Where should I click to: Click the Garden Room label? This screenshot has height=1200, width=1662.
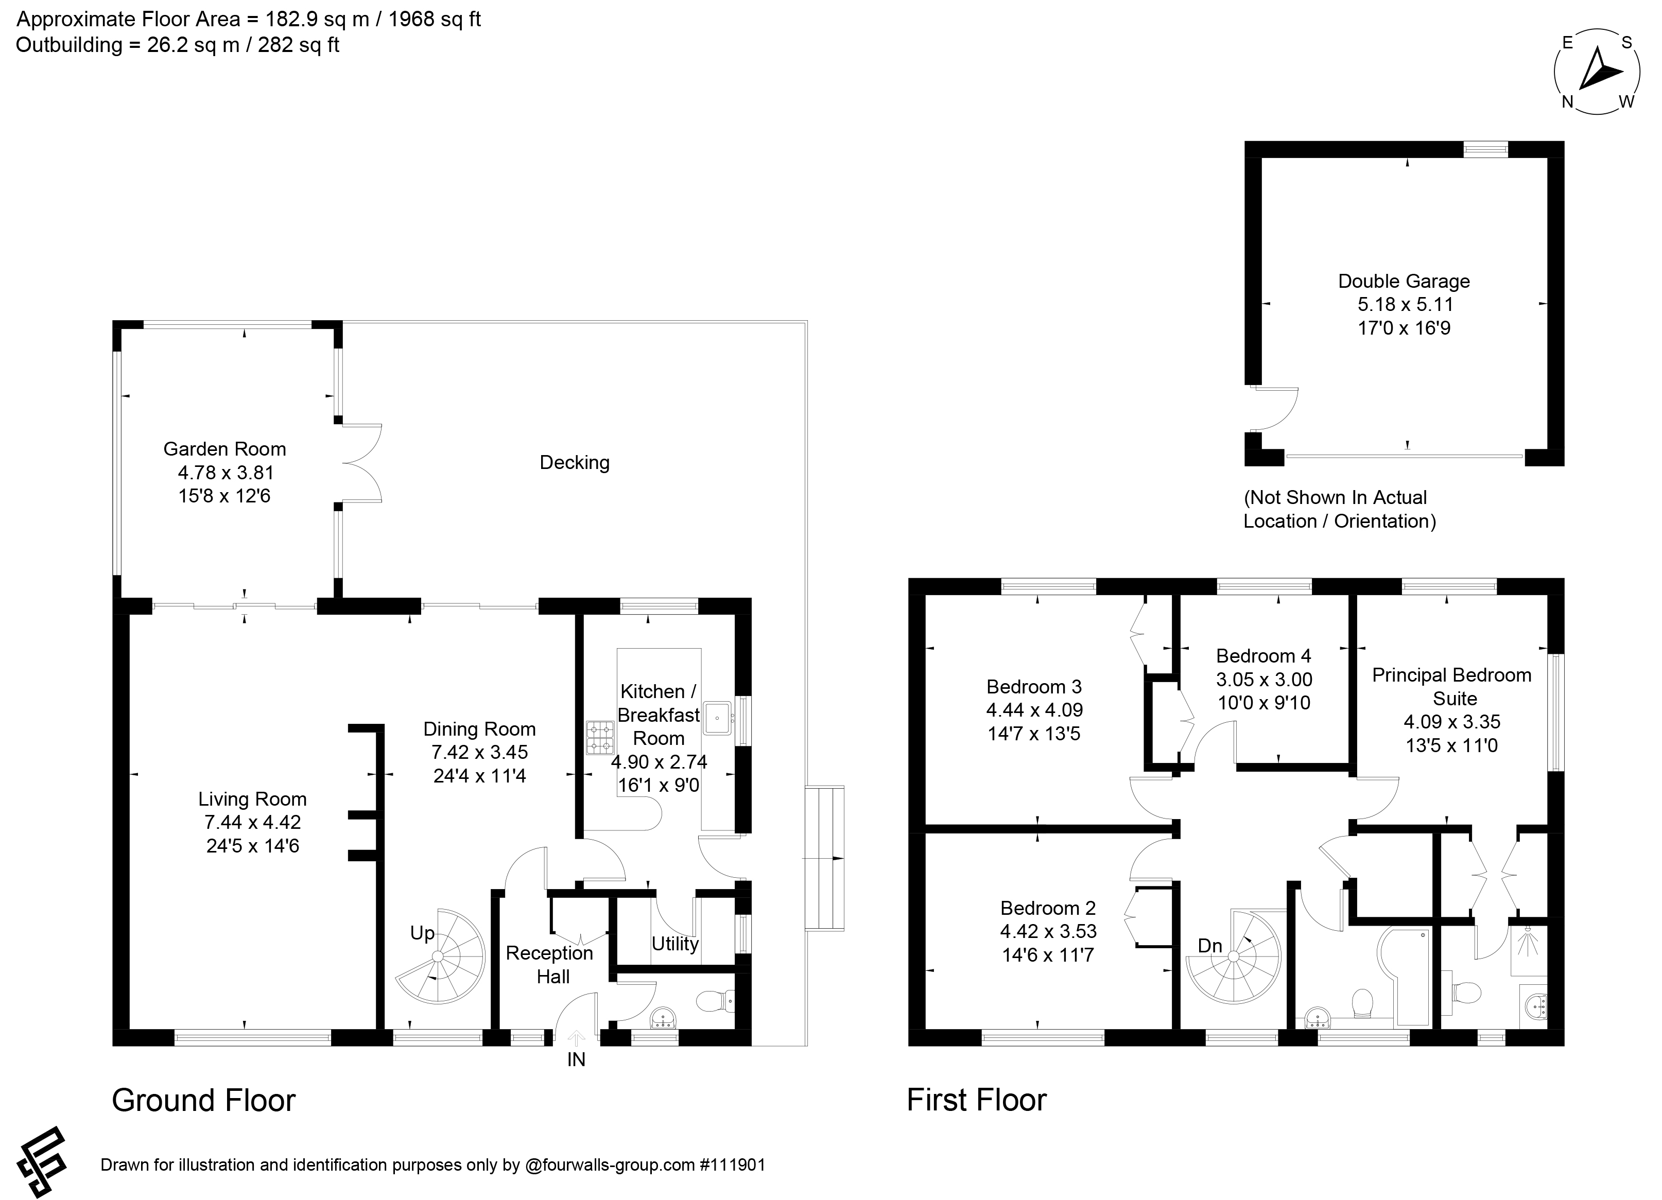coord(224,449)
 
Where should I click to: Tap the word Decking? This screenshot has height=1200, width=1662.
coord(575,463)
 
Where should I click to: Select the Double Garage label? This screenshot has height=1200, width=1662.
coord(1404,281)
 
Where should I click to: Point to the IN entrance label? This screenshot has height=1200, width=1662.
coord(576,1059)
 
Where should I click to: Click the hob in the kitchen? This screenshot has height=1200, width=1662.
coord(600,738)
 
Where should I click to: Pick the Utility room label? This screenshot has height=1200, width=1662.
coord(675,944)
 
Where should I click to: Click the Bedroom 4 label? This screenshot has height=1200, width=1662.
coord(1264,656)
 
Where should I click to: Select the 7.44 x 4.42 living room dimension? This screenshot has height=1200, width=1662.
coord(253,823)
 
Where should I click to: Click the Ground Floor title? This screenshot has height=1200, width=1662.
coord(204,1100)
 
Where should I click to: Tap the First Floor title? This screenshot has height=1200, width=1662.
coord(977,1100)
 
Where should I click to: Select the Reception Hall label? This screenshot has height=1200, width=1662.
coord(549,965)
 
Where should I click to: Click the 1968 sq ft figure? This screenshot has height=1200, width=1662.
coord(435,19)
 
